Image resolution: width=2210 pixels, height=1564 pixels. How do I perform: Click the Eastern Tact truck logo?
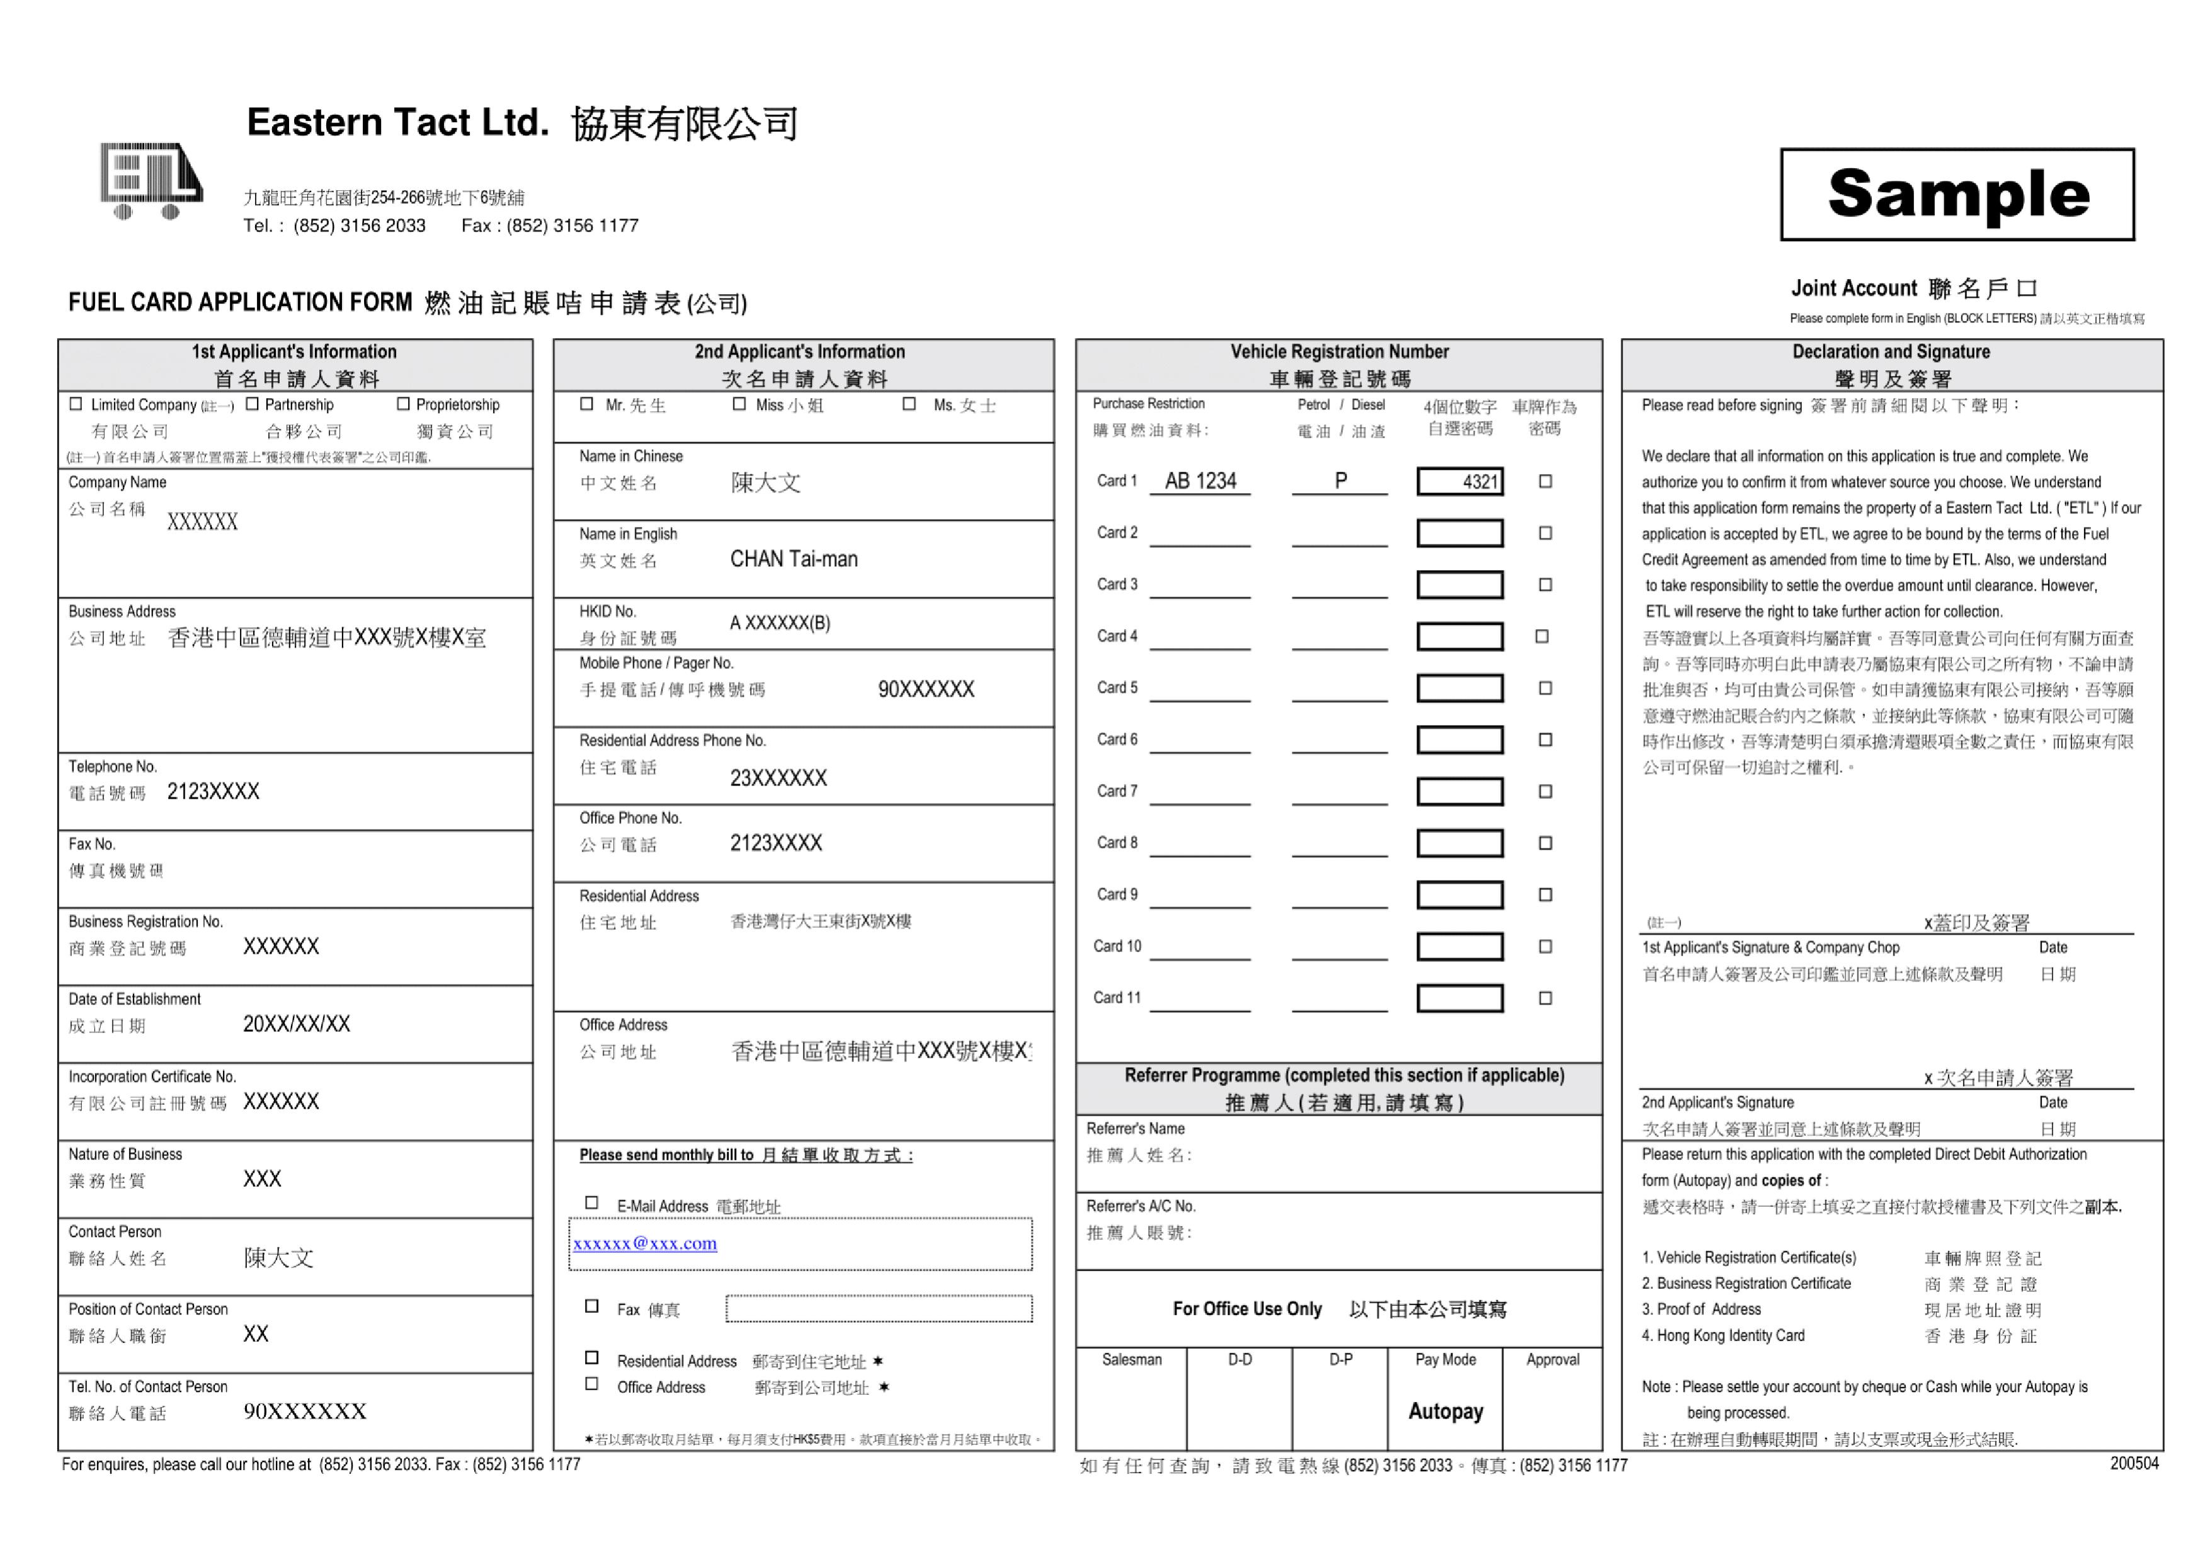[151, 181]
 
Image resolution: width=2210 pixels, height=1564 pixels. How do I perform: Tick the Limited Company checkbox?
[76, 404]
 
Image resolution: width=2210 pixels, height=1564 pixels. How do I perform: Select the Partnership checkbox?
[253, 404]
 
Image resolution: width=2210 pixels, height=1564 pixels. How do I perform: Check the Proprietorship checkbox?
[404, 404]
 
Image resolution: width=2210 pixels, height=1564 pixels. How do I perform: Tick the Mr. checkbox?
[586, 404]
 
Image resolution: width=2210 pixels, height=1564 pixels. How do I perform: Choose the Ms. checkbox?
[909, 404]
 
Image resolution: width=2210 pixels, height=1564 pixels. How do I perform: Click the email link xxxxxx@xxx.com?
[645, 1243]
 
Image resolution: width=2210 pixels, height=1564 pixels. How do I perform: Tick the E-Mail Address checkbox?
[592, 1203]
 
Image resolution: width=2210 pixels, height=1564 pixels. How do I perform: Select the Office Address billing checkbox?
[592, 1384]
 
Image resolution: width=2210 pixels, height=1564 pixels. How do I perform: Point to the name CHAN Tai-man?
[794, 559]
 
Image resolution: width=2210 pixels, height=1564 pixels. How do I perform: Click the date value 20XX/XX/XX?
[297, 1024]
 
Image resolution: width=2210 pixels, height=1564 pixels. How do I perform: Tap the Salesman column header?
[1132, 1360]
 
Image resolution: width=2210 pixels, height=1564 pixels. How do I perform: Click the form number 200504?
[2134, 1463]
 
